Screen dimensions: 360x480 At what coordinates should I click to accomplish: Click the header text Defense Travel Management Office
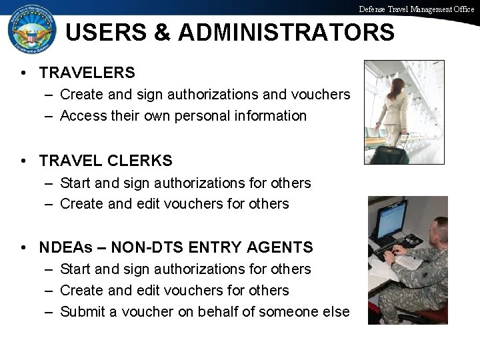[416, 9]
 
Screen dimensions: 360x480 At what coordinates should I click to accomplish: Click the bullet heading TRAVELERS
[87, 72]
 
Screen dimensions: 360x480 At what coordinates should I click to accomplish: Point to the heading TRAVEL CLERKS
[105, 161]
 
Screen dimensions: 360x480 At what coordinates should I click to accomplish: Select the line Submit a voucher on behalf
[204, 311]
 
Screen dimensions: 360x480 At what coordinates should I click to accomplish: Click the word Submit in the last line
[82, 311]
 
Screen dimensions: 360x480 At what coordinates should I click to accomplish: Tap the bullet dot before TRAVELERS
[23, 72]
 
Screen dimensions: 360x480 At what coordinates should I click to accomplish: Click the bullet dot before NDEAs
[23, 247]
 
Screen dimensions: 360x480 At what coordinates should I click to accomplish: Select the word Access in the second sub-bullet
[81, 115]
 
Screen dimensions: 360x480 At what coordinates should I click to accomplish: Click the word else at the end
[335, 311]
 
